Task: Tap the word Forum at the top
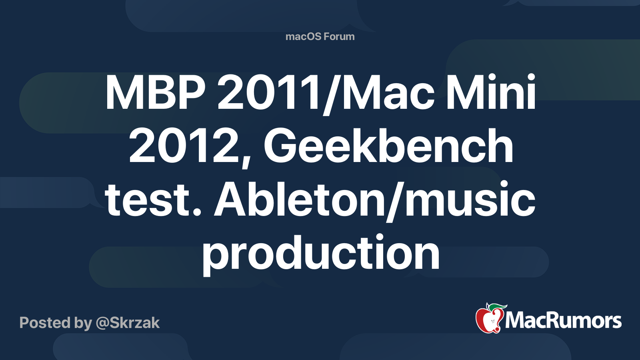[339, 36]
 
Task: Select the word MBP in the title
[155, 93]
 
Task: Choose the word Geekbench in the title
[388, 147]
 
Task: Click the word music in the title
[470, 200]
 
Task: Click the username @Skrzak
[128, 323]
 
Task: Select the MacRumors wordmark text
[563, 321]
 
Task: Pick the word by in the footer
[83, 323]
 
